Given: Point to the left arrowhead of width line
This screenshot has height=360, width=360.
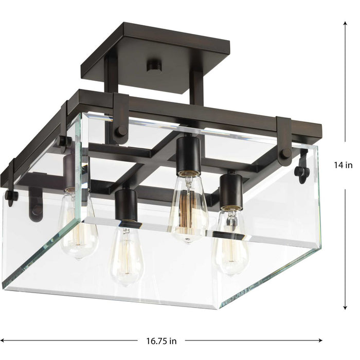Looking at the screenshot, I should point(4,340).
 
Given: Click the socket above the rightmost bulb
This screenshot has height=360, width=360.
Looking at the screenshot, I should point(231,190).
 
